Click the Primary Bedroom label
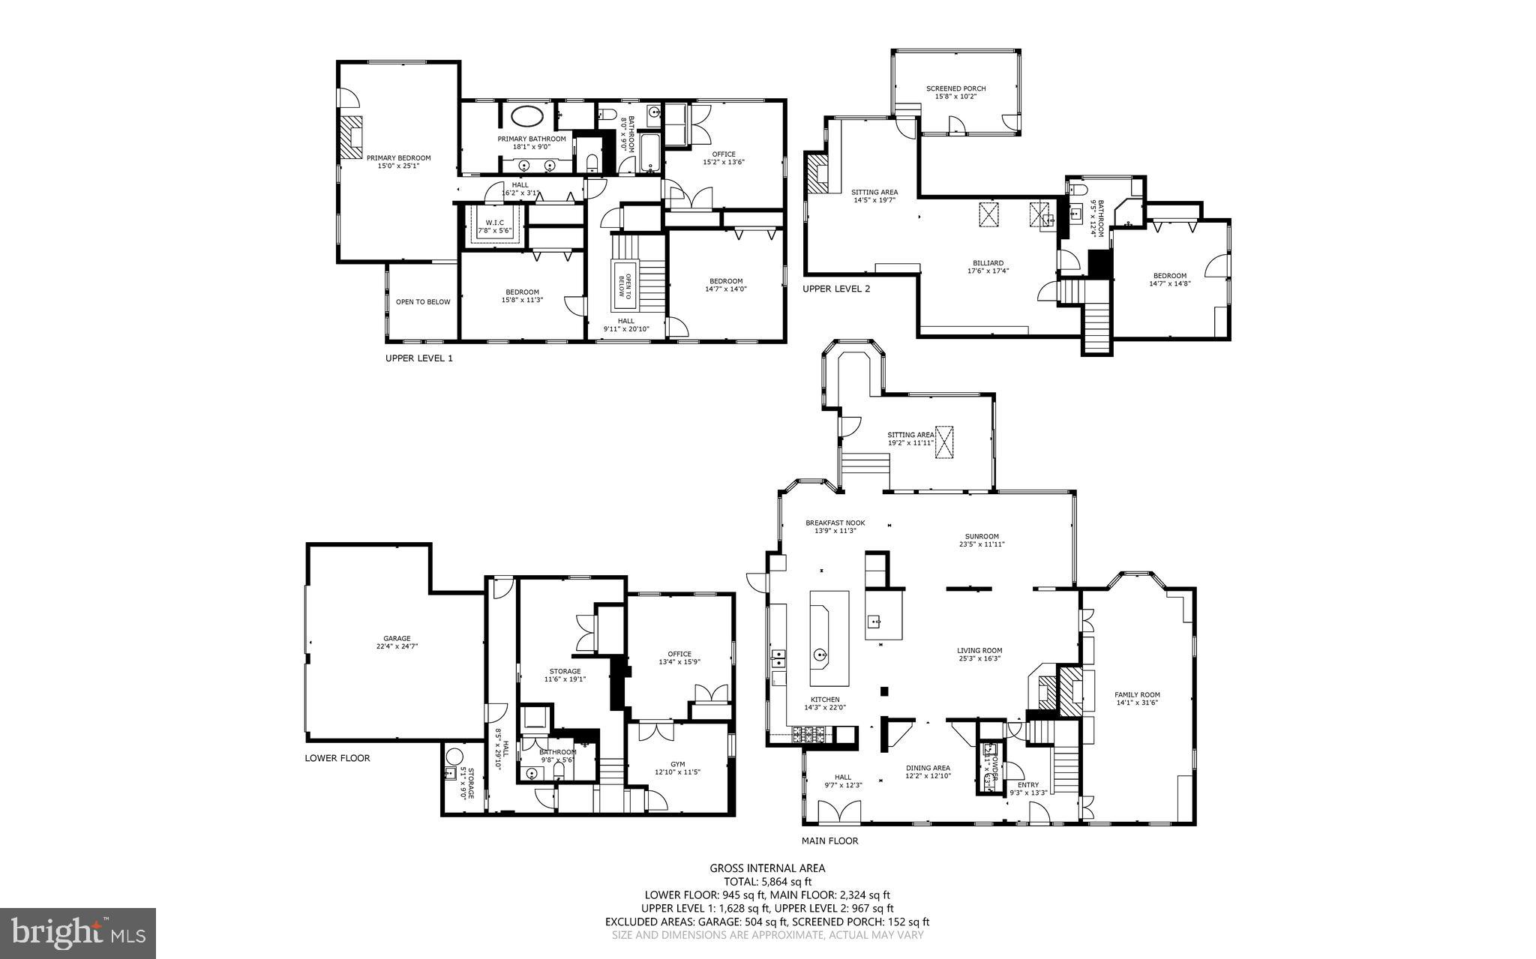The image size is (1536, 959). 398,161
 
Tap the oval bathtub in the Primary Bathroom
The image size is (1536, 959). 528,117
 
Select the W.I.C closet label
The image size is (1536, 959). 494,226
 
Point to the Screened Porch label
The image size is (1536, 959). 960,92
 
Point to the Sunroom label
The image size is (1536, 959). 982,540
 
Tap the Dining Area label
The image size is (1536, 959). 928,772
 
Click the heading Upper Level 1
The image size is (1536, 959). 418,358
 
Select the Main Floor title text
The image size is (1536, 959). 829,841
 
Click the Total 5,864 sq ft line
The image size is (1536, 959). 767,882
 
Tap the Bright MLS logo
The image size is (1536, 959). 78,933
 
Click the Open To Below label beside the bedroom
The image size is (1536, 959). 423,302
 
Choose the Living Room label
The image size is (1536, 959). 979,654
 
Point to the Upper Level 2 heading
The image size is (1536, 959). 836,289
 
